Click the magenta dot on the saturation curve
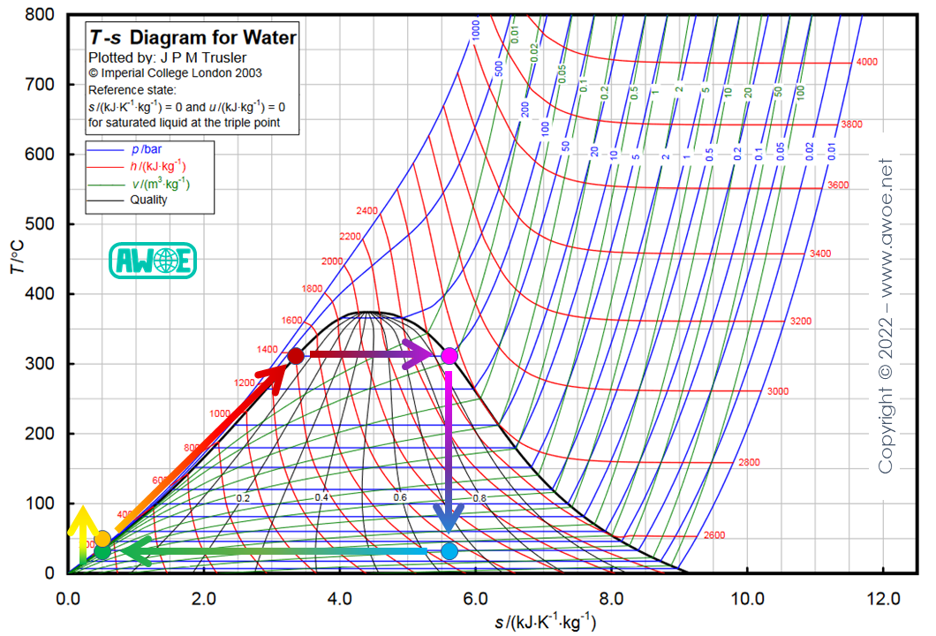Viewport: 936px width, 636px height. coord(449,356)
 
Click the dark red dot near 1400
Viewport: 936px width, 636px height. coord(296,356)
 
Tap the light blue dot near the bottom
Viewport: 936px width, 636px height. coord(449,551)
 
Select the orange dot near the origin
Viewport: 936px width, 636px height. coord(103,539)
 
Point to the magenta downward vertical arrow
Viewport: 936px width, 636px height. coord(449,450)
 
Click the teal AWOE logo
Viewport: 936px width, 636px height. coord(152,261)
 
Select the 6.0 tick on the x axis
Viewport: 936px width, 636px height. coord(475,597)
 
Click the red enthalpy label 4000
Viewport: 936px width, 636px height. coord(867,62)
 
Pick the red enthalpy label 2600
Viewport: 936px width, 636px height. coord(714,535)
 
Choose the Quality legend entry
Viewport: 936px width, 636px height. coord(148,200)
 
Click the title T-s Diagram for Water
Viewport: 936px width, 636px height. coord(192,38)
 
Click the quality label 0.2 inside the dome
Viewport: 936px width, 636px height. coord(243,497)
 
